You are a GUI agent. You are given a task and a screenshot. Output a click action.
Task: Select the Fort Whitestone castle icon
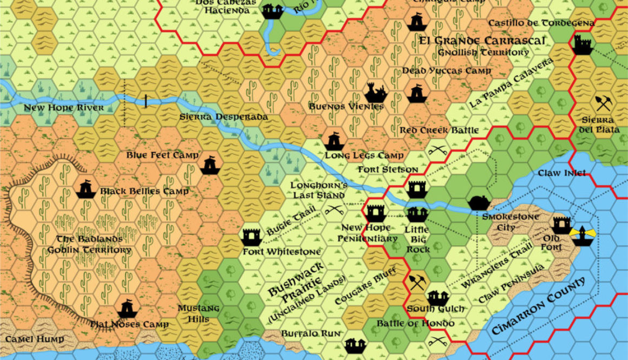click(251, 236)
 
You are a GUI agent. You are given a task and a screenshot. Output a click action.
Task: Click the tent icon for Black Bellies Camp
click(85, 189)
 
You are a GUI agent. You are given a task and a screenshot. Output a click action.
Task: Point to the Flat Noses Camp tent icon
click(127, 309)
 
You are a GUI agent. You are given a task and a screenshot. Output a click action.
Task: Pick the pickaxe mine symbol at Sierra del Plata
click(603, 103)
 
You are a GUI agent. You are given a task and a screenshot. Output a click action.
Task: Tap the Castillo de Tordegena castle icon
click(582, 44)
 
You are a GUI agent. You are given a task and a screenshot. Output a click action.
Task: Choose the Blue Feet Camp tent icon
click(210, 165)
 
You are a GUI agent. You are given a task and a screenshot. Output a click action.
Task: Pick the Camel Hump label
click(35, 339)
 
